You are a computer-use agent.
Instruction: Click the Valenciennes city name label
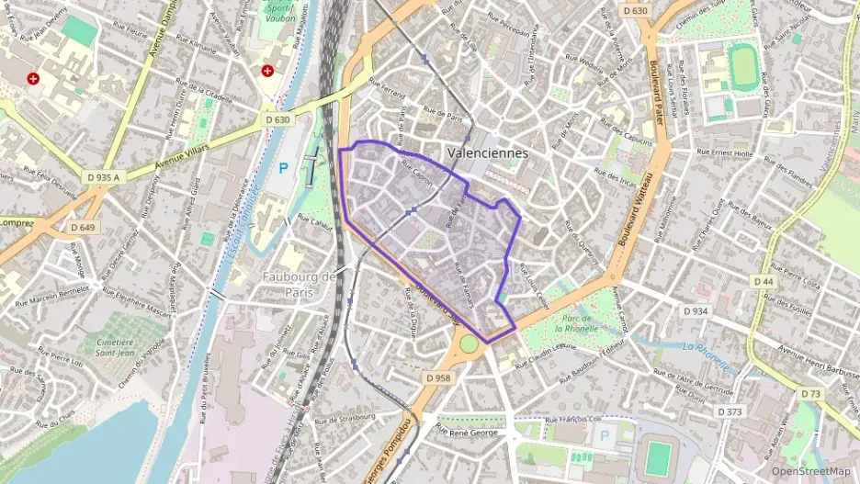click(487, 153)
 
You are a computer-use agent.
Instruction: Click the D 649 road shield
click(83, 227)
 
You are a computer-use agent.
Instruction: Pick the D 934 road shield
click(696, 311)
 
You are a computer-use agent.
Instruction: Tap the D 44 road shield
click(763, 280)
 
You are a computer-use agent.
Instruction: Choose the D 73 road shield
click(810, 393)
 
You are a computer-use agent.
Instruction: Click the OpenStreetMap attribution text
click(810, 471)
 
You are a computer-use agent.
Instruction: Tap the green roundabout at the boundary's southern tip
click(470, 343)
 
